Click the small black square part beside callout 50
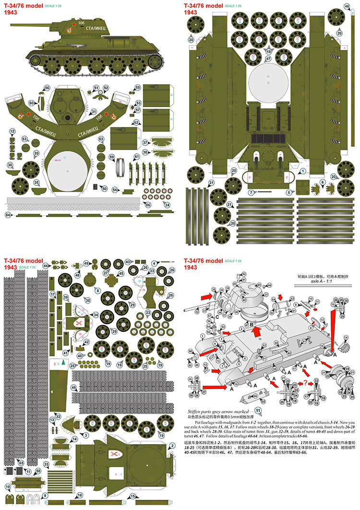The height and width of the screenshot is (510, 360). click(x=95, y=186)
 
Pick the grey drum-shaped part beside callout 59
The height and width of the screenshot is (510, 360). click(x=121, y=168)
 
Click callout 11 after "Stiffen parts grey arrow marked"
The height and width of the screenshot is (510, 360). click(x=258, y=411)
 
